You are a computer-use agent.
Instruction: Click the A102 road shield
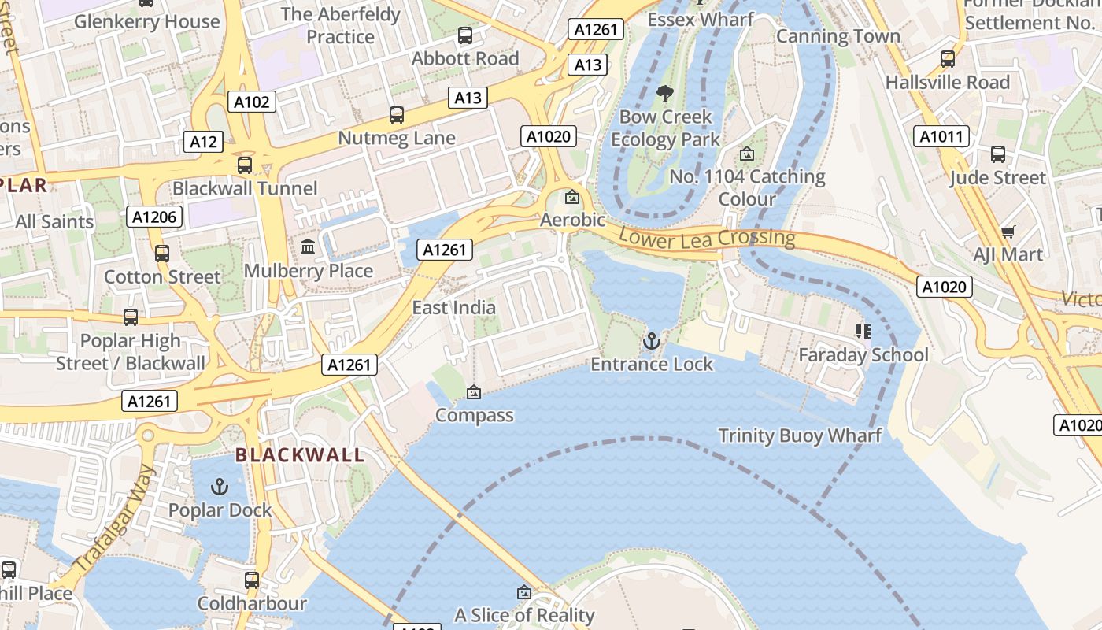252,101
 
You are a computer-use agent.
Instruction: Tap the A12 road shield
203,142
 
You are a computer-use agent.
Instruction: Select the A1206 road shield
154,217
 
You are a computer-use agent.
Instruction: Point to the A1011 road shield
941,136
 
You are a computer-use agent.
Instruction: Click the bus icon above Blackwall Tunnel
245,165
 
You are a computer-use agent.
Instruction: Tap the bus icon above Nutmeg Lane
397,115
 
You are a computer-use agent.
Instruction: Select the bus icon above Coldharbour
252,580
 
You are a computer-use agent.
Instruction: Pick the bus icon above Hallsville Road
948,59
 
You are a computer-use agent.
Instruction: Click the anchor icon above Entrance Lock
651,341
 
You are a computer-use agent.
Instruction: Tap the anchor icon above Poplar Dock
220,487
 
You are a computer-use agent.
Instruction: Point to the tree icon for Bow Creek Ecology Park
665,94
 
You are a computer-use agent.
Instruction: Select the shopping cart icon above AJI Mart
1008,232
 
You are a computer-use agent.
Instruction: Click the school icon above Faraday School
863,332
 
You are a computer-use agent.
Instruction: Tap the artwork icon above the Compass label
474,392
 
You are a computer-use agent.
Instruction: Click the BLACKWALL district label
300,455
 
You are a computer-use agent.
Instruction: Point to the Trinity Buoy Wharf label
800,435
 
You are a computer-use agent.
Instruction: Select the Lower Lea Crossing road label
707,238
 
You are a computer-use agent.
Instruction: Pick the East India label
454,307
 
